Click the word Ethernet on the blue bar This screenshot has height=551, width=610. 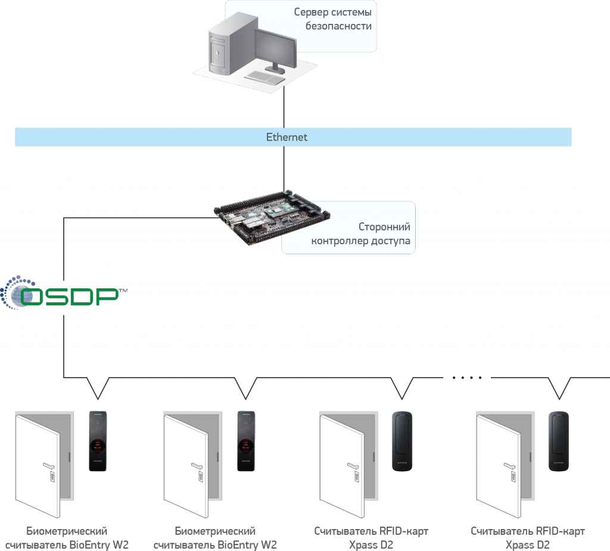(x=287, y=138)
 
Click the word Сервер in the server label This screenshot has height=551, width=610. (x=310, y=13)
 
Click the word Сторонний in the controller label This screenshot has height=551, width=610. (x=384, y=228)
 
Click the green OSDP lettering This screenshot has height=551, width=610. (x=71, y=296)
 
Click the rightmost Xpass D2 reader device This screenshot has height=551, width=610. (x=559, y=441)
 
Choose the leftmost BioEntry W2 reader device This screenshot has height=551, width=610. (x=98, y=441)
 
